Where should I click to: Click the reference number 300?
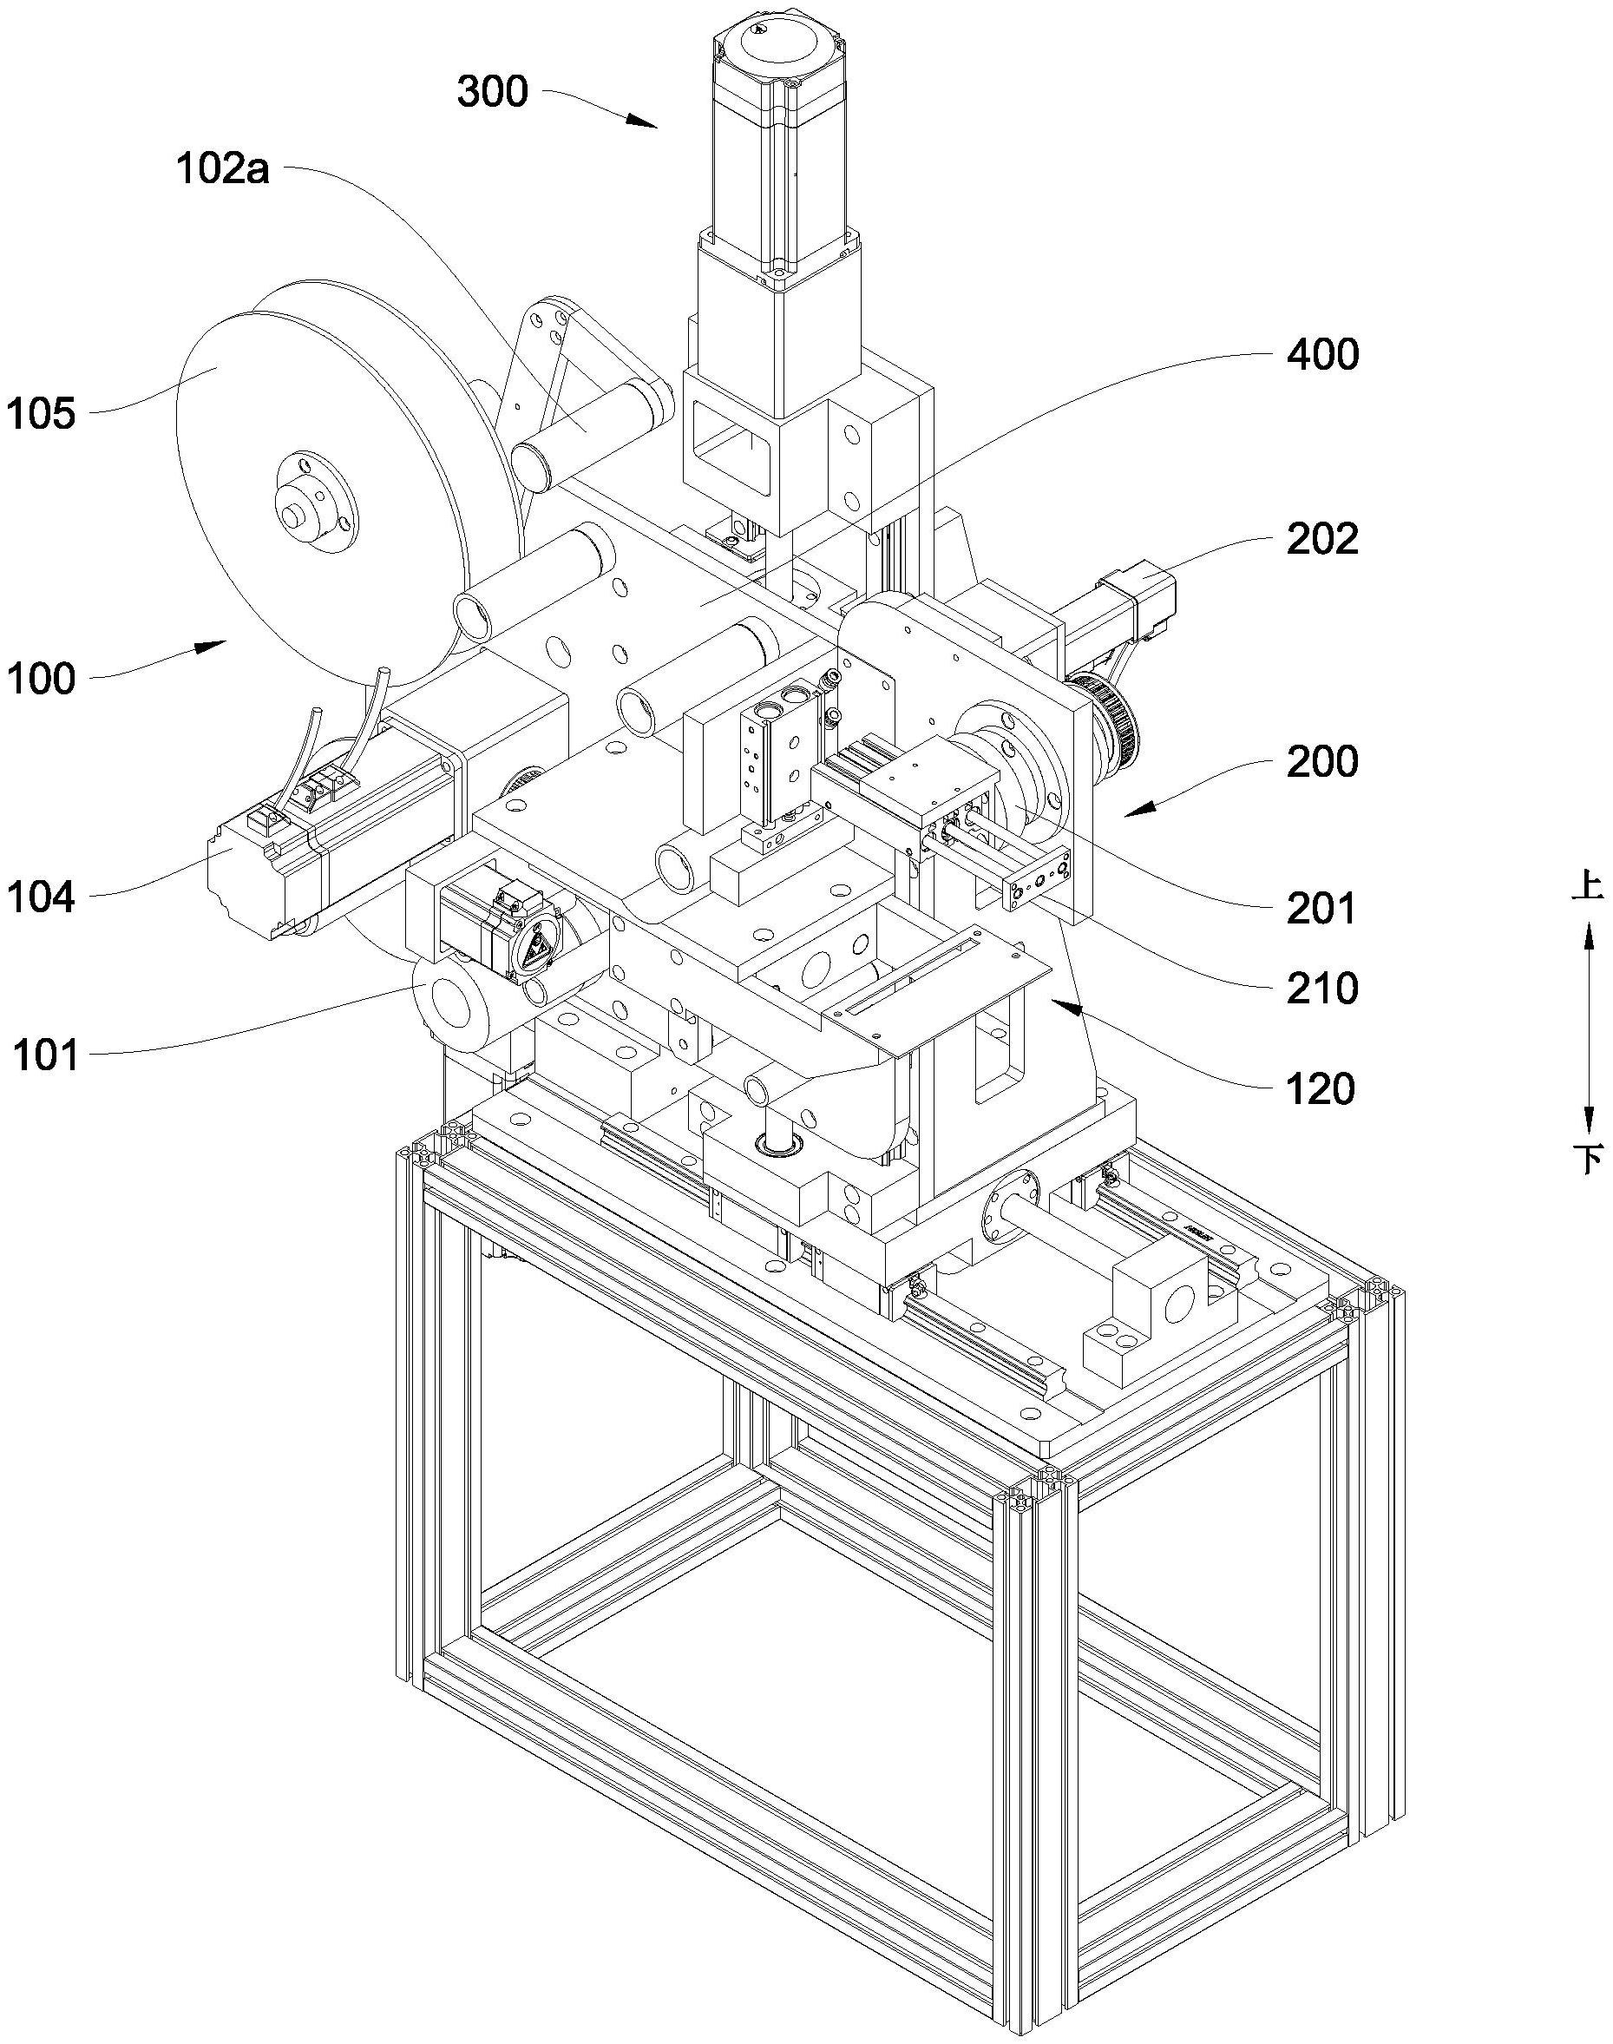click(492, 93)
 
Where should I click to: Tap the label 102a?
click(222, 169)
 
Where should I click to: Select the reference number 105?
click(41, 414)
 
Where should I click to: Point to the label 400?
click(1323, 354)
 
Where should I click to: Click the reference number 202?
click(1323, 539)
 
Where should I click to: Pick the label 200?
click(1323, 761)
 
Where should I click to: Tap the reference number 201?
click(1321, 908)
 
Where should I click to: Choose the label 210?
click(1323, 988)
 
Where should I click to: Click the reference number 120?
click(1321, 1089)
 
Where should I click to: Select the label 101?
click(45, 1055)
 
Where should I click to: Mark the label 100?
click(41, 678)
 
